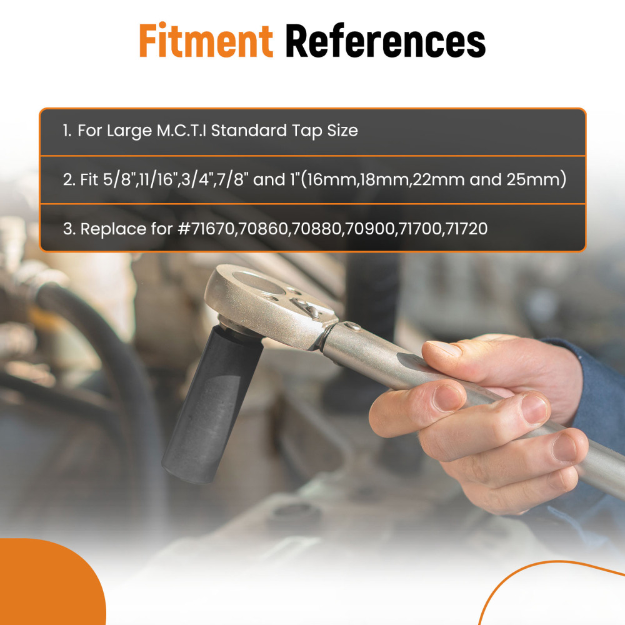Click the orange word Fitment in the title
click(x=206, y=40)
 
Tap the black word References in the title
click(x=386, y=40)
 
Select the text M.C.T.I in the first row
click(x=181, y=131)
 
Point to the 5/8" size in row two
click(x=117, y=179)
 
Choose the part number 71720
click(x=466, y=229)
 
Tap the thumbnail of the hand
click(x=442, y=347)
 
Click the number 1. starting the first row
click(x=67, y=131)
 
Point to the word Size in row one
click(x=342, y=131)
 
